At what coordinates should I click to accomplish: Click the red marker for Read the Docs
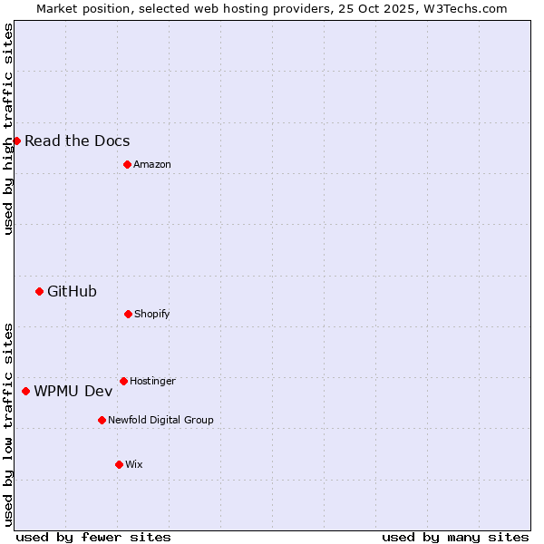[16, 141]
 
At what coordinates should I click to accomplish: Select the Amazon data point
[127, 164]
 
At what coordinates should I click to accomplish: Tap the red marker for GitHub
[39, 291]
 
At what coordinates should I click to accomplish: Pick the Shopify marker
[128, 314]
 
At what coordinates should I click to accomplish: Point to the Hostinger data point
[123, 381]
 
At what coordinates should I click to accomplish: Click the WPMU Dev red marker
[25, 391]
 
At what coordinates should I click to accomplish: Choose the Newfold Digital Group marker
[102, 420]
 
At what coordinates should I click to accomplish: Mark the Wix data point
[119, 464]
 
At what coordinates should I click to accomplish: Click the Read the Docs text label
[77, 141]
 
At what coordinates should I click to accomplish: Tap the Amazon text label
[152, 164]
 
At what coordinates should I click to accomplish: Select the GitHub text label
[72, 291]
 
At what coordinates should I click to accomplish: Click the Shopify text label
[152, 314]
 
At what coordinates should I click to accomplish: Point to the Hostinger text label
[152, 381]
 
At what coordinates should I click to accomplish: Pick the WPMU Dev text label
[73, 391]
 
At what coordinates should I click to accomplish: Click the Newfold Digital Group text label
[160, 420]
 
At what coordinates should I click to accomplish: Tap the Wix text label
[134, 464]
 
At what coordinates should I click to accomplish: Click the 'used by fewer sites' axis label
[93, 537]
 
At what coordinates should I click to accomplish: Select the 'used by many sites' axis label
[455, 537]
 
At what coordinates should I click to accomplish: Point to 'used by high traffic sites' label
[8, 129]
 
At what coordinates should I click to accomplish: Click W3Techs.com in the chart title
[462, 8]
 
